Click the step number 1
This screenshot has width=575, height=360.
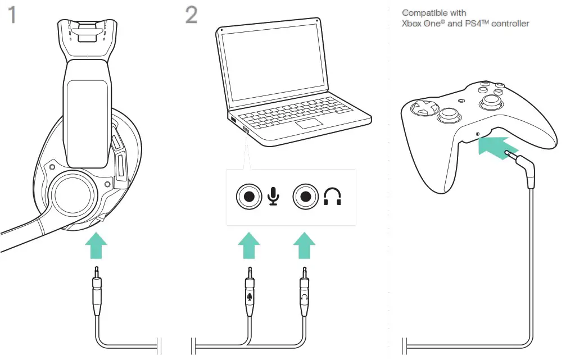pyautogui.click(x=11, y=15)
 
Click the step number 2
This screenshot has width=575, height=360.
pyautogui.click(x=191, y=15)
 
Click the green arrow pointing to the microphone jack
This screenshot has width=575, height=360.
pyautogui.click(x=248, y=246)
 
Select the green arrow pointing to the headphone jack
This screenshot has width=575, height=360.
pyautogui.click(x=305, y=246)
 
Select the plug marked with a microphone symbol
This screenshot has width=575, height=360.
pyautogui.click(x=249, y=295)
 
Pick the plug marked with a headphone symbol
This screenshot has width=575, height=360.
pyautogui.click(x=304, y=295)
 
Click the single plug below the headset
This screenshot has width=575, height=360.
pyautogui.click(x=97, y=292)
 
